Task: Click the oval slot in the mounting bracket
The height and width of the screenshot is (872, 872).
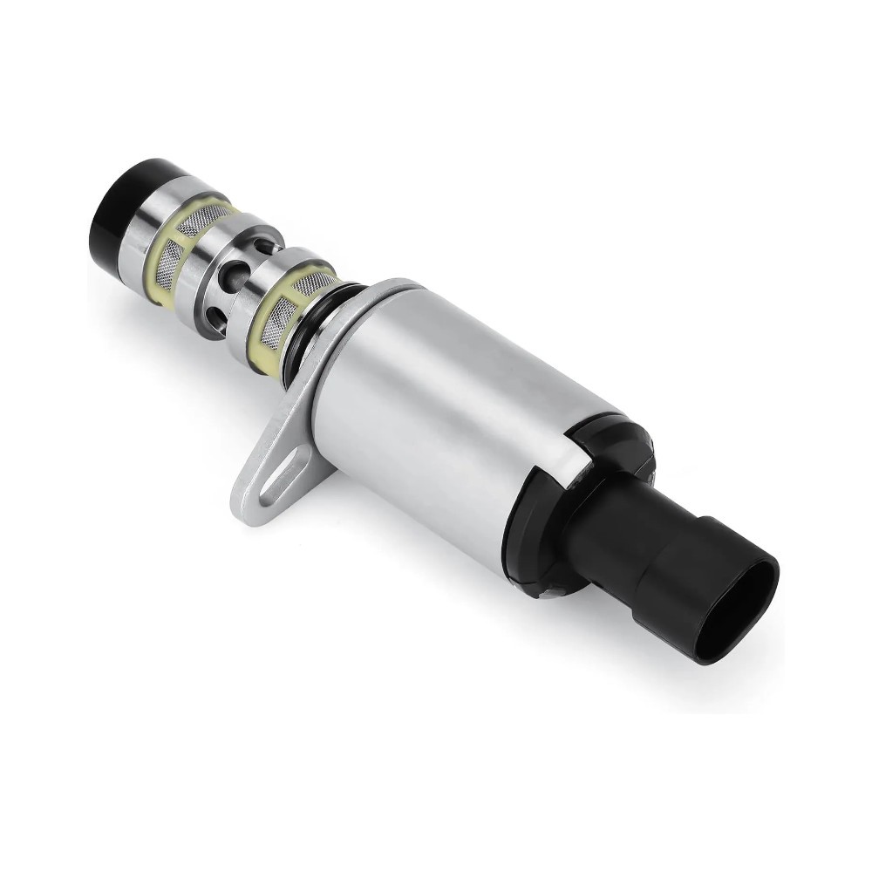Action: (280, 476)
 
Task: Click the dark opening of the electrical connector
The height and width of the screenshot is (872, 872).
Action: (750, 610)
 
